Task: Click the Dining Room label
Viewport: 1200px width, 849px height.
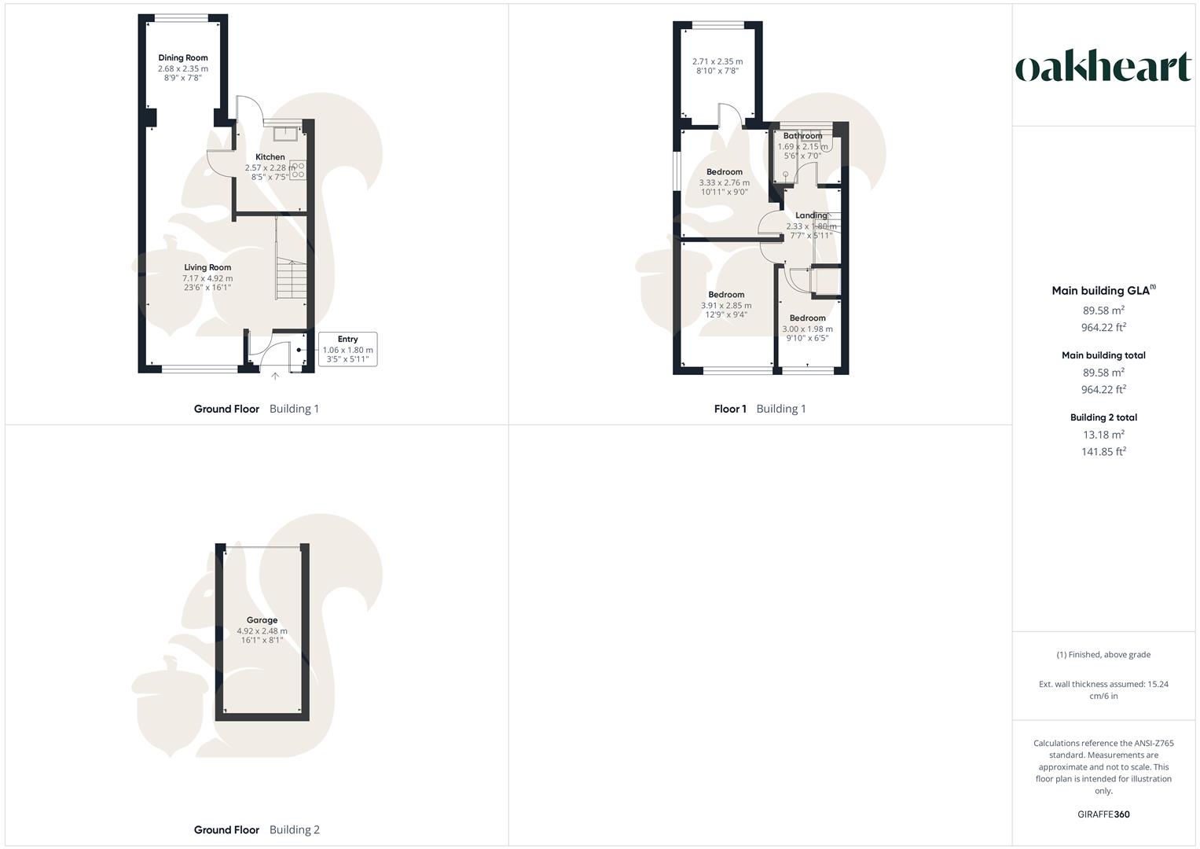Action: (x=183, y=58)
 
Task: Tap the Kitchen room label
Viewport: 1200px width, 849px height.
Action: (x=270, y=157)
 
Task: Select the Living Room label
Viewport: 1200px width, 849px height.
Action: (x=207, y=268)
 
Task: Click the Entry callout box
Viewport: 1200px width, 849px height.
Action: (x=347, y=349)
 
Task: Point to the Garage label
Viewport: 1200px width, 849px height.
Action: (x=262, y=620)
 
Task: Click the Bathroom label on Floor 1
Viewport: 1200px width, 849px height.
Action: (x=802, y=136)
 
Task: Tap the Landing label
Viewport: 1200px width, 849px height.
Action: (x=811, y=215)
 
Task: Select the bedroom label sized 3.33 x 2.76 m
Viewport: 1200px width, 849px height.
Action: (x=724, y=172)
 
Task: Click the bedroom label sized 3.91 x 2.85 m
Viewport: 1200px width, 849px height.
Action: (x=726, y=295)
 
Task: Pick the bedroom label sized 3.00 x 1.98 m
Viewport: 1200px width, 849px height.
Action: (x=807, y=318)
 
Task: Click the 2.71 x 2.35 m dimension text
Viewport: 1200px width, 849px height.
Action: (x=717, y=61)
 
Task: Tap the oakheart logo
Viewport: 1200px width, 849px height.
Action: (x=1103, y=68)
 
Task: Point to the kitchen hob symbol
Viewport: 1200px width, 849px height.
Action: (x=299, y=171)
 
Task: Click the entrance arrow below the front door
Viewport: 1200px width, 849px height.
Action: (x=275, y=377)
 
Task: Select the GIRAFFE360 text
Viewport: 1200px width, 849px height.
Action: (x=1103, y=814)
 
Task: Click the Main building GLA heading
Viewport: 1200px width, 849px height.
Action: (x=1103, y=291)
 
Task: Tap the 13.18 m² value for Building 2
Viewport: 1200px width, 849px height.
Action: (x=1103, y=435)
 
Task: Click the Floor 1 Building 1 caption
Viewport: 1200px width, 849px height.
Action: (x=759, y=409)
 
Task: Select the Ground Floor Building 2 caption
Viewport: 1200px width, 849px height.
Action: (x=256, y=830)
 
